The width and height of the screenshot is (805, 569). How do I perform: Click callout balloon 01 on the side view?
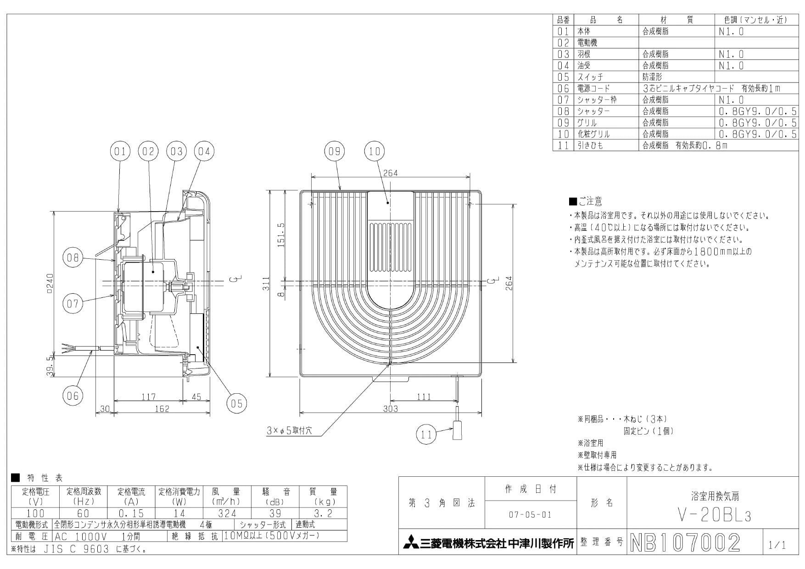point(120,151)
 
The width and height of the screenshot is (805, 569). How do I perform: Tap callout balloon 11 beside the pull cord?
point(426,434)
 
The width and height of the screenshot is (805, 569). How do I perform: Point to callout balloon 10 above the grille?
point(375,151)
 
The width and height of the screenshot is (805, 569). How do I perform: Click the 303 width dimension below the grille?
point(391,408)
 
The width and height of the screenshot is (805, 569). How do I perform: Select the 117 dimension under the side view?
point(148,397)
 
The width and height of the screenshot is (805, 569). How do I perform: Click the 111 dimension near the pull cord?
point(424,397)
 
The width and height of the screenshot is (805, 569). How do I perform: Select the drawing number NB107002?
point(686,543)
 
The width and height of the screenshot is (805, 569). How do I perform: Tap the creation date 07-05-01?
point(530,515)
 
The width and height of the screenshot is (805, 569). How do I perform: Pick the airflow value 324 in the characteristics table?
point(227,513)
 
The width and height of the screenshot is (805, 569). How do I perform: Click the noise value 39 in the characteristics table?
point(275,513)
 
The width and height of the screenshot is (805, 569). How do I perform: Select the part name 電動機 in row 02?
point(587,43)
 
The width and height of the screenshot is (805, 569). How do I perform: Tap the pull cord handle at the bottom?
point(457,431)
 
